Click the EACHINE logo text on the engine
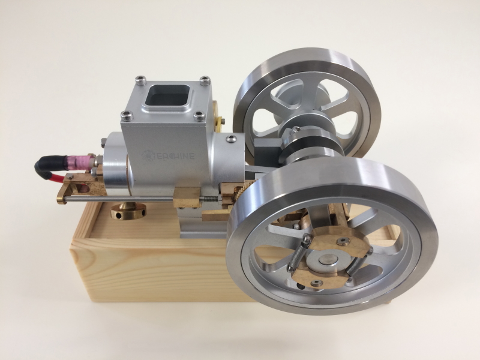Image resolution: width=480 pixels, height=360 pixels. [169, 155]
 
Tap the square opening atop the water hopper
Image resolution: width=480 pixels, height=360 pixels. [167, 94]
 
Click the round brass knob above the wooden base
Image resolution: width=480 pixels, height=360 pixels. [128, 211]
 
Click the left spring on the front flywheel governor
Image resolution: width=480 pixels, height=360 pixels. [298, 253]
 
